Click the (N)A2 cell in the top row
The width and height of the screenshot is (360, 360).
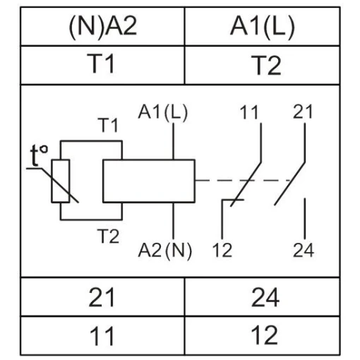pos(102,27)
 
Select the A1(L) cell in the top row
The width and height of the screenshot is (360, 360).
pos(263,27)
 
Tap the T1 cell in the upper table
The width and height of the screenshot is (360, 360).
pos(102,65)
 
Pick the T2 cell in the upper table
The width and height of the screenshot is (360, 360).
pos(263,65)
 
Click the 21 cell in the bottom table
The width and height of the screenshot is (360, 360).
pos(102,297)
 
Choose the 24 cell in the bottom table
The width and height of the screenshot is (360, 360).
pos(263,297)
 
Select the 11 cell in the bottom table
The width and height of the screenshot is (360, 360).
pos(102,336)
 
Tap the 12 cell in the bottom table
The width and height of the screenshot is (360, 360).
pos(263,336)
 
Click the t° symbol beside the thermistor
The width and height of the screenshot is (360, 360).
pos(39,155)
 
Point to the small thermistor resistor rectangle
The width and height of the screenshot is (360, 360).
pos(61,181)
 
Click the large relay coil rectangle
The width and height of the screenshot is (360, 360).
pos(149,181)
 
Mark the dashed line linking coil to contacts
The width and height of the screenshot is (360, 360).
pos(244,181)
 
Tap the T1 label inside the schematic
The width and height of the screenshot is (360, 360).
pos(108,125)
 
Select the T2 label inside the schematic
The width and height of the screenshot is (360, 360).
pos(108,236)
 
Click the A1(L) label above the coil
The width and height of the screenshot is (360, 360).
pos(163,112)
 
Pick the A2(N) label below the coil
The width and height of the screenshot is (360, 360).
pos(165,251)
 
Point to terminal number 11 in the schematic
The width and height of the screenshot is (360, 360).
pos(249,112)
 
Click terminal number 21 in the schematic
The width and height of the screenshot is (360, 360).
pos(303,112)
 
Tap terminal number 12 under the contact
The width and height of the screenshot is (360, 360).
pos(222,250)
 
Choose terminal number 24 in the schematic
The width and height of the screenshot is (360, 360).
pos(304,250)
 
